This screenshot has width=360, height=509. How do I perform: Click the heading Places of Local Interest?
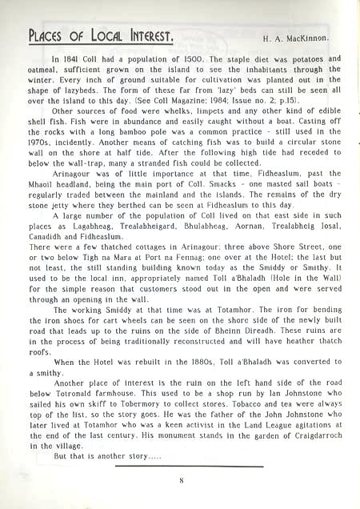click(x=101, y=36)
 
